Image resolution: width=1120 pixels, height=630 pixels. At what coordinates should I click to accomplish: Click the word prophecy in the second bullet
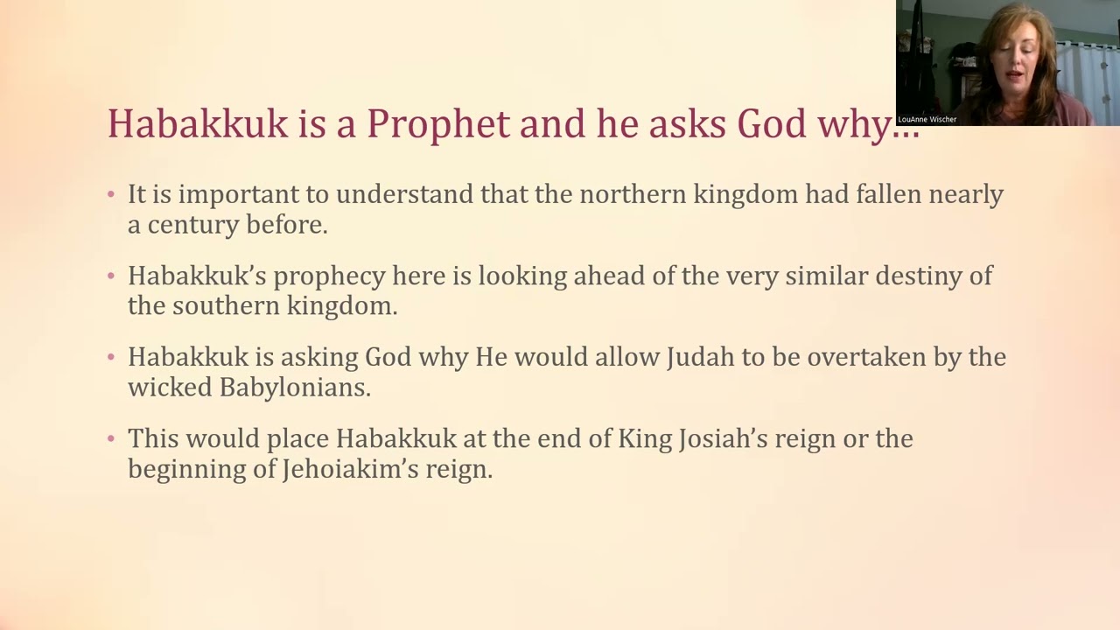tap(330, 276)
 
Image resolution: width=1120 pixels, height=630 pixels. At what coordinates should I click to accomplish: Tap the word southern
tap(226, 306)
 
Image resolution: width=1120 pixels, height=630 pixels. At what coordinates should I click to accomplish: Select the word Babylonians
tap(295, 388)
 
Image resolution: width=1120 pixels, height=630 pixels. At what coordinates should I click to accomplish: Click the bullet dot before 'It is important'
tap(111, 194)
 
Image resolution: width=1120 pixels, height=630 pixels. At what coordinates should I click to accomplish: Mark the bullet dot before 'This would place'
tap(111, 438)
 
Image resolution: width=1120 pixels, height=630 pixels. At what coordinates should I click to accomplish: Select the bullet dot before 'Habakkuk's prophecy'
tap(111, 276)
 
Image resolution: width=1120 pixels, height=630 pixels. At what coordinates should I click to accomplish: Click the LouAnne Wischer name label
tap(927, 120)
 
